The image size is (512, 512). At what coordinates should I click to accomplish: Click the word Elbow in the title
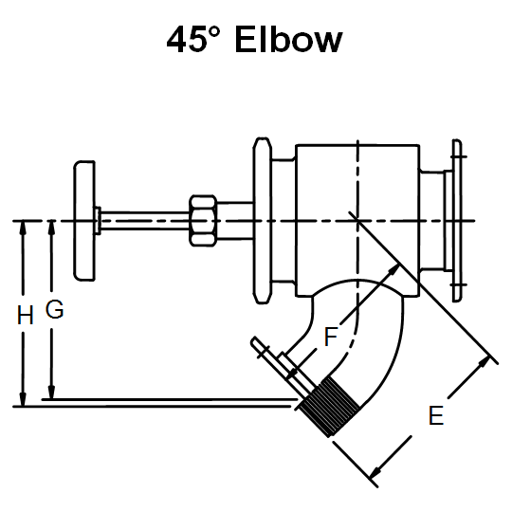click(x=290, y=40)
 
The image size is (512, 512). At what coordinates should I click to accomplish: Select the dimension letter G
click(x=55, y=310)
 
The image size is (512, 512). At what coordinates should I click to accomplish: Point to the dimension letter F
click(x=331, y=336)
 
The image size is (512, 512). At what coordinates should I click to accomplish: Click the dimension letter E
click(x=436, y=415)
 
